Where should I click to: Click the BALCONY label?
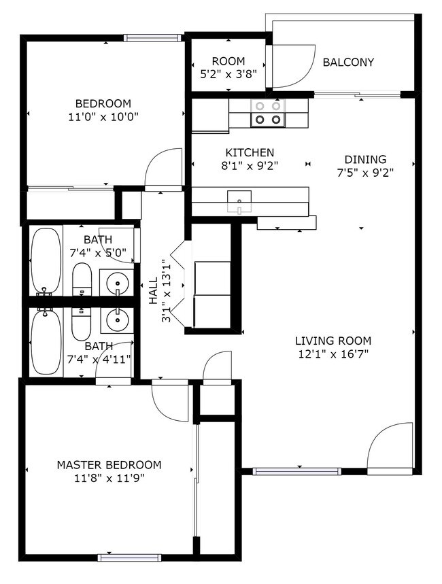tap(348, 63)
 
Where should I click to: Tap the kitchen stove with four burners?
tap(267, 113)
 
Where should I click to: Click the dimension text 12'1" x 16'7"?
tap(333, 354)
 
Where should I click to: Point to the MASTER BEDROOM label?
tap(109, 465)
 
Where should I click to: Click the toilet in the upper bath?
tap(82, 279)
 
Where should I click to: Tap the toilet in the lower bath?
tap(81, 324)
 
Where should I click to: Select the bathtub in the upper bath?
tap(46, 261)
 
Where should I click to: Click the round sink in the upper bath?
tap(117, 281)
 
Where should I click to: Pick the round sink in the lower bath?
tap(117, 318)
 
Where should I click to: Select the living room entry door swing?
tap(389, 445)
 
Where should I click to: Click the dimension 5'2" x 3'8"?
tap(228, 75)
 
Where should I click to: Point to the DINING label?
tap(365, 160)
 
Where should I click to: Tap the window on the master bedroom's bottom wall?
tap(129, 557)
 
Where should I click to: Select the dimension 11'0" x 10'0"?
tap(103, 116)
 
